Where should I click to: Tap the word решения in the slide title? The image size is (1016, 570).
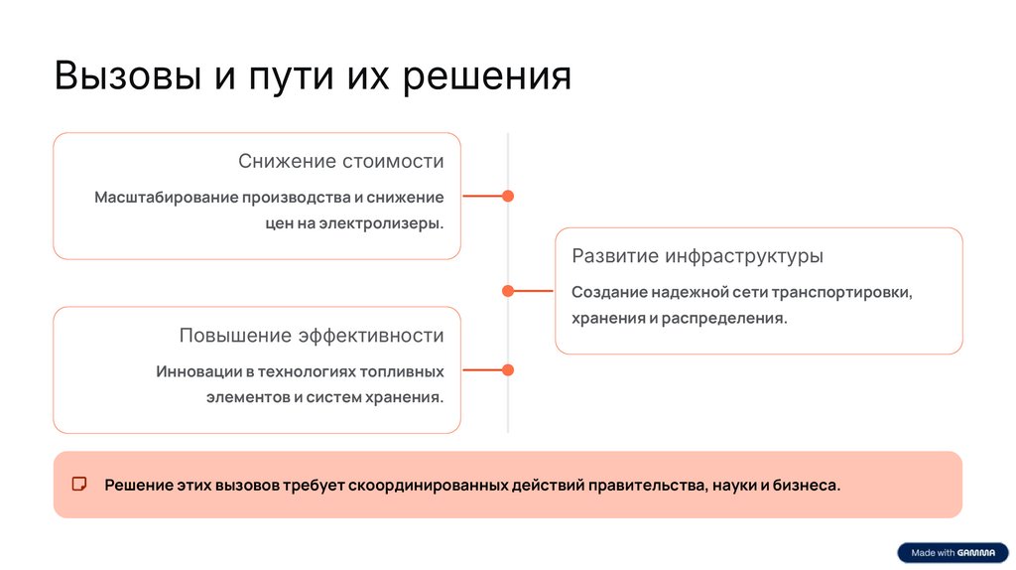(x=487, y=76)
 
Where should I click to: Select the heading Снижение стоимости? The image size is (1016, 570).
(x=340, y=162)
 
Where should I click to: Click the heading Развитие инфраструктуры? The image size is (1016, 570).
(x=698, y=256)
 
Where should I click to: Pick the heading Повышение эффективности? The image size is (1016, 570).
(x=312, y=336)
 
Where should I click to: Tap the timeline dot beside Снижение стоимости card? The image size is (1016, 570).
(x=508, y=197)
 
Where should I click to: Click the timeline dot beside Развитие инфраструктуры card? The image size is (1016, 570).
(x=508, y=291)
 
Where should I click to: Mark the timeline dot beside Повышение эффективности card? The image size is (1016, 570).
(x=508, y=370)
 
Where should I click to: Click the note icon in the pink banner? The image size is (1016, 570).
(x=79, y=485)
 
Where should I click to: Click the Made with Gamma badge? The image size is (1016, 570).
(x=952, y=553)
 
